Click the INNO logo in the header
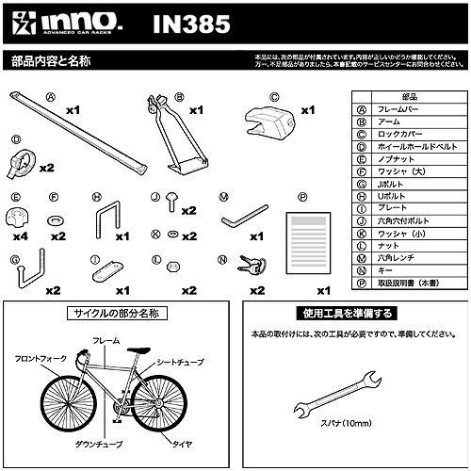click(x=57, y=22)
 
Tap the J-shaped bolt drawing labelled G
click(x=24, y=273)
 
